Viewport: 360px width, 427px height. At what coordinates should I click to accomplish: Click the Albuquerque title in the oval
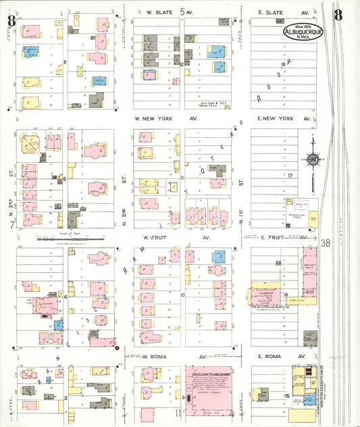(x=301, y=30)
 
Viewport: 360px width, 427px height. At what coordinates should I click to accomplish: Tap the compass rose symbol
(x=313, y=159)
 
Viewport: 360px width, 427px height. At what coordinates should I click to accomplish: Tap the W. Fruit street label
(x=155, y=237)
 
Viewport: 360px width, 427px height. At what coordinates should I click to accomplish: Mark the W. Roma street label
(x=155, y=355)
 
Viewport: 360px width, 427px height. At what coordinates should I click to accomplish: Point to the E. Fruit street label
(x=276, y=237)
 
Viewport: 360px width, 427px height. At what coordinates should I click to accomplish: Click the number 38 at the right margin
(x=328, y=243)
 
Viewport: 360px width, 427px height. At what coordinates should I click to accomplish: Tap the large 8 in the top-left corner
(x=11, y=20)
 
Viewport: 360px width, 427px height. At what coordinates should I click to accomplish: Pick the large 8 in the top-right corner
(x=337, y=13)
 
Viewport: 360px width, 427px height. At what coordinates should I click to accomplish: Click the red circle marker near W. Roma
(x=117, y=348)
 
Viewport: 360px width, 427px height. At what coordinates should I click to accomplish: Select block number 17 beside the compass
(x=288, y=176)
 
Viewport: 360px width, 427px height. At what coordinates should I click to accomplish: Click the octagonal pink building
(x=30, y=143)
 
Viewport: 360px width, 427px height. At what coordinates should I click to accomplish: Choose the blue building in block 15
(x=309, y=399)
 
